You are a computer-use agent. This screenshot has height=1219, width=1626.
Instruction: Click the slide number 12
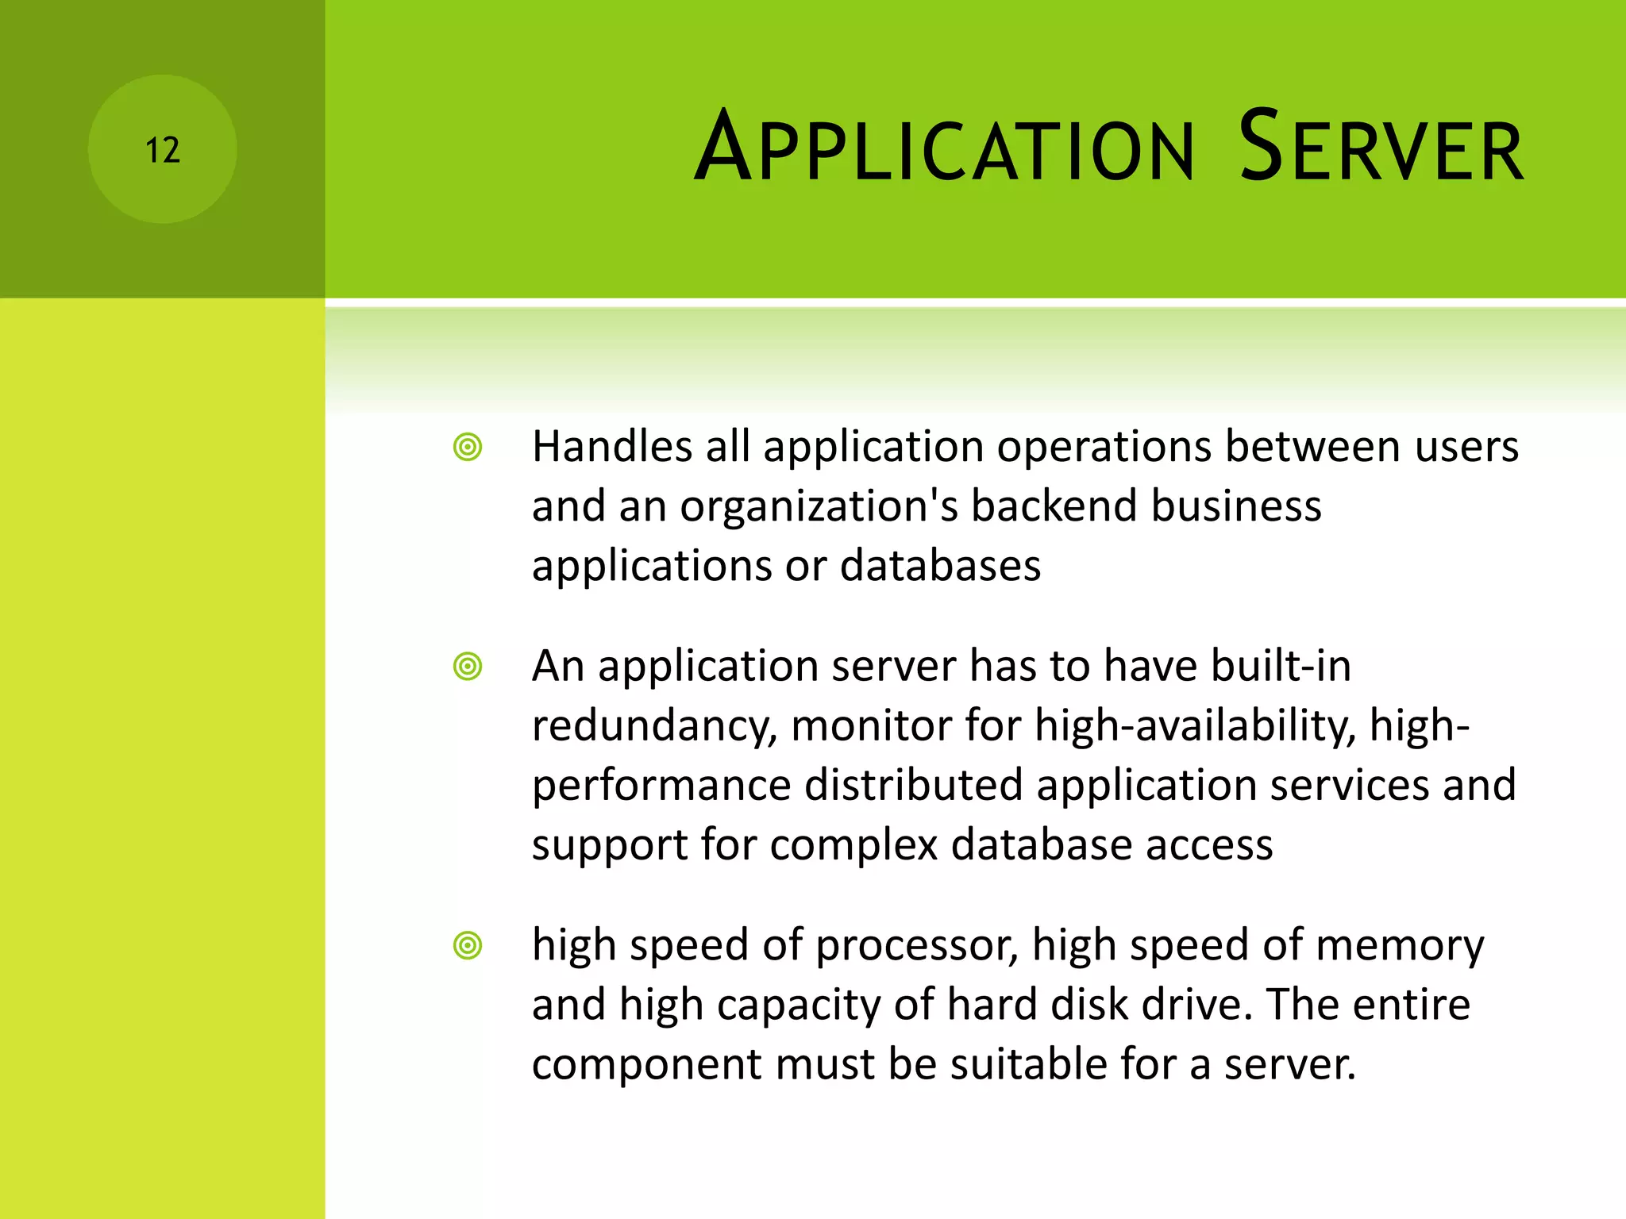[163, 150]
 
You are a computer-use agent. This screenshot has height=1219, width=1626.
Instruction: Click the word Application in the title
[944, 148]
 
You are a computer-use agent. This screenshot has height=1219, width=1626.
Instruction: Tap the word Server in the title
[1381, 148]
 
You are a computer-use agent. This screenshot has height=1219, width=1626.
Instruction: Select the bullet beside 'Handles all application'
[468, 447]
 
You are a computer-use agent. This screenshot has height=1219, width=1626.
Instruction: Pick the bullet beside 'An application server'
[468, 666]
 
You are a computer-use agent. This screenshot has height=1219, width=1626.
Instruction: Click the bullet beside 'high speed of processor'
[468, 945]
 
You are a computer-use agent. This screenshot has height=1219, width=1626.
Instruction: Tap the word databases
[940, 566]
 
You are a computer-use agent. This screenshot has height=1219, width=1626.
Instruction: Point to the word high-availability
[1196, 725]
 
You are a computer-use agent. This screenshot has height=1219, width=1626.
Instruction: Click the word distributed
[914, 785]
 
